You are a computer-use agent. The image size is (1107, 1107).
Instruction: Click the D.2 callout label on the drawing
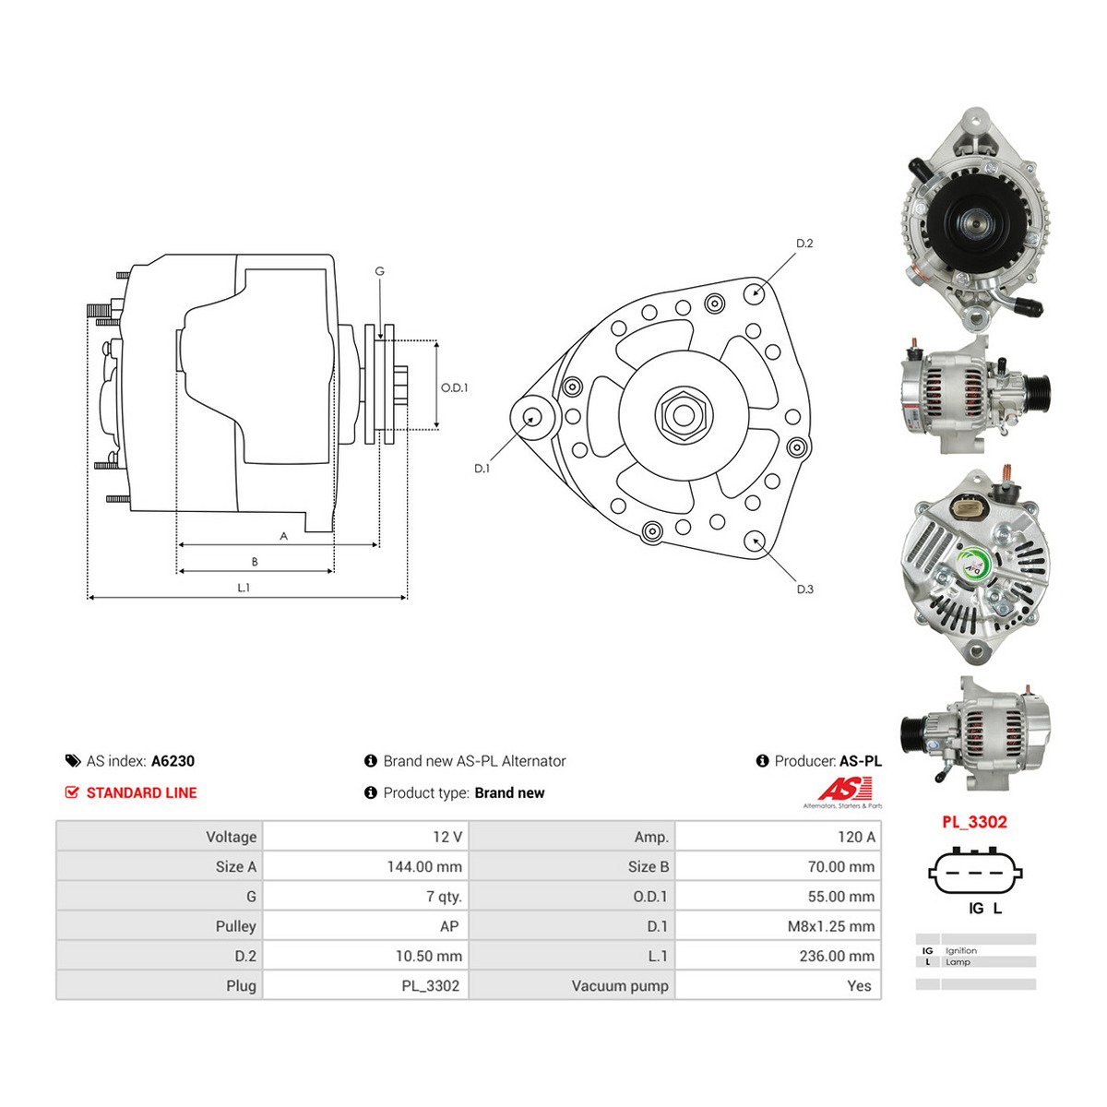point(803,244)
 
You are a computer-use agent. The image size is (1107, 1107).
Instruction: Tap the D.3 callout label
point(804,589)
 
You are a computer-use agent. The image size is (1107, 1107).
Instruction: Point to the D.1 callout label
point(482,469)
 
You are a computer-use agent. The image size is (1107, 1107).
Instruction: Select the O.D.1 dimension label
point(454,387)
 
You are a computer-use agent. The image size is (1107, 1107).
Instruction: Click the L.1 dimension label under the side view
point(244,588)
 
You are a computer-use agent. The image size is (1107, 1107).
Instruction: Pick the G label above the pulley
point(379,271)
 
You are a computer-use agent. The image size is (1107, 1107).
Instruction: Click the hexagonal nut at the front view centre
point(683,415)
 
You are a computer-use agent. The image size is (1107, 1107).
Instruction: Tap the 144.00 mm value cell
point(424,866)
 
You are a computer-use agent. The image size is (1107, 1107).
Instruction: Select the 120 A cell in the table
point(856,837)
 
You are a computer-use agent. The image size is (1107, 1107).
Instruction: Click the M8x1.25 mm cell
point(830,926)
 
